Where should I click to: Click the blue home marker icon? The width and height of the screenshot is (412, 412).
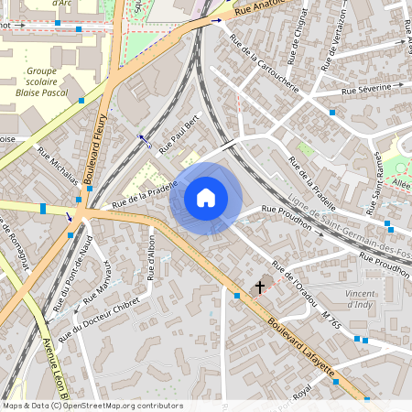206,198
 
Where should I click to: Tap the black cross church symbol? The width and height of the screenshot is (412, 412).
260,287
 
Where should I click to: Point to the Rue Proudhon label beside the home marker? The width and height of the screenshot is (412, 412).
287,217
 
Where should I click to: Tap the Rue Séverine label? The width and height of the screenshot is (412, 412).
372,89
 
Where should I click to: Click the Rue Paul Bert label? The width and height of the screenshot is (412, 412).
179,134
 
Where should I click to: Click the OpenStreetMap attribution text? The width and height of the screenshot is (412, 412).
92,406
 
